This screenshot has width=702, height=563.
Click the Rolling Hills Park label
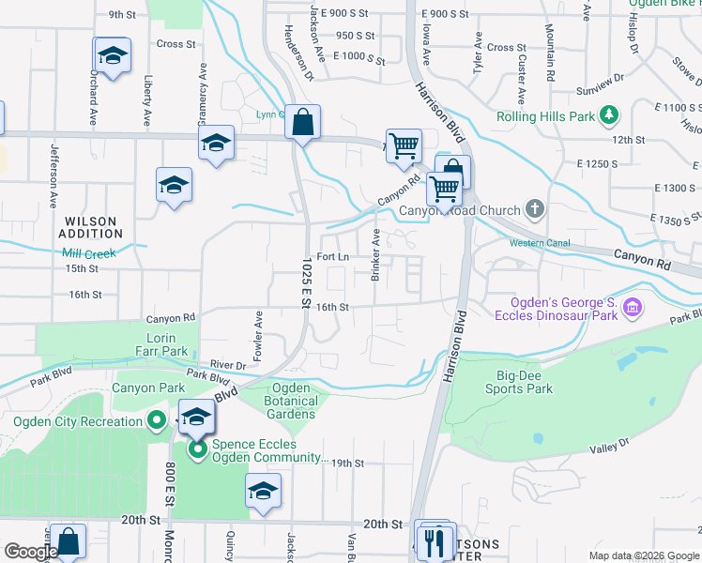pos(547,116)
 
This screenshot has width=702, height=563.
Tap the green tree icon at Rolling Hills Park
pos(610,115)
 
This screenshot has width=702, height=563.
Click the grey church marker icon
pos(535,208)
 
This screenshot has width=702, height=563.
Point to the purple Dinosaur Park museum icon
pos(633,308)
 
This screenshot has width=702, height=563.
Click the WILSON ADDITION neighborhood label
pos(91,228)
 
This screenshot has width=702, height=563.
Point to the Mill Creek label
pos(88,253)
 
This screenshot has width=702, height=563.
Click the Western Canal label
pos(540,243)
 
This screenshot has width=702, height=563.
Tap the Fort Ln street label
pos(333,256)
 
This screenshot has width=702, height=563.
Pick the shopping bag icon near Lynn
pos(303,122)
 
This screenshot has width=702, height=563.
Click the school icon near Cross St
pos(112,56)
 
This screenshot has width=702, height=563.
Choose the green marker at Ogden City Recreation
pos(157,421)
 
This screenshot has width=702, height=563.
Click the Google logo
pos(30,552)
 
